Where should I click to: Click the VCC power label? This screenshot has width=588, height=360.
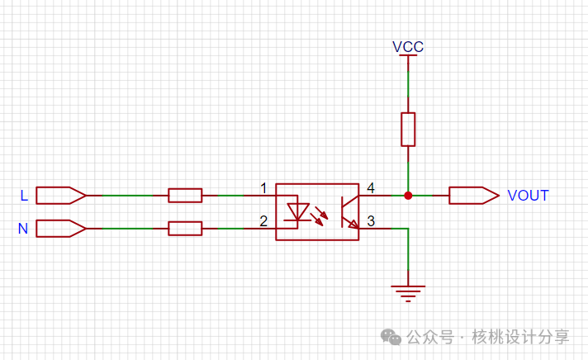pos(408,47)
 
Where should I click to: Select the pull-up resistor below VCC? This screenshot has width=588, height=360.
pos(408,130)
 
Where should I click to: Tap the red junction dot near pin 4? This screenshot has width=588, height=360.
pos(408,196)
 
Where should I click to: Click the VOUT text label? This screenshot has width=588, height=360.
pos(528,196)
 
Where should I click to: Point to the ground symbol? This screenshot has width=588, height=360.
pos(408,292)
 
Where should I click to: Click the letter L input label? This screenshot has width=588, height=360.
pos(24,196)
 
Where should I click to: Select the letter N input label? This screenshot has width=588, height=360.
pos(23,229)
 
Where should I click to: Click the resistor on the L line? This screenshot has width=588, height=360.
pos(185,196)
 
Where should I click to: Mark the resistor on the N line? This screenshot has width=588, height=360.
pos(185,228)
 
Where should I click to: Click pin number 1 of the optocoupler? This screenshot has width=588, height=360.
pos(263,189)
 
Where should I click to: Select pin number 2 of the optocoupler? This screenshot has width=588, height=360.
pos(263,221)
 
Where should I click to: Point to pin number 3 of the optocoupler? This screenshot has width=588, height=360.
pos(371,221)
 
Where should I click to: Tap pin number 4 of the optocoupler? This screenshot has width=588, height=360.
pos(371,189)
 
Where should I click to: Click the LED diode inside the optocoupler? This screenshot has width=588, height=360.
pos(295,211)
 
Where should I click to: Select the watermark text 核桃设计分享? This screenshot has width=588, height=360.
pos(520,337)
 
